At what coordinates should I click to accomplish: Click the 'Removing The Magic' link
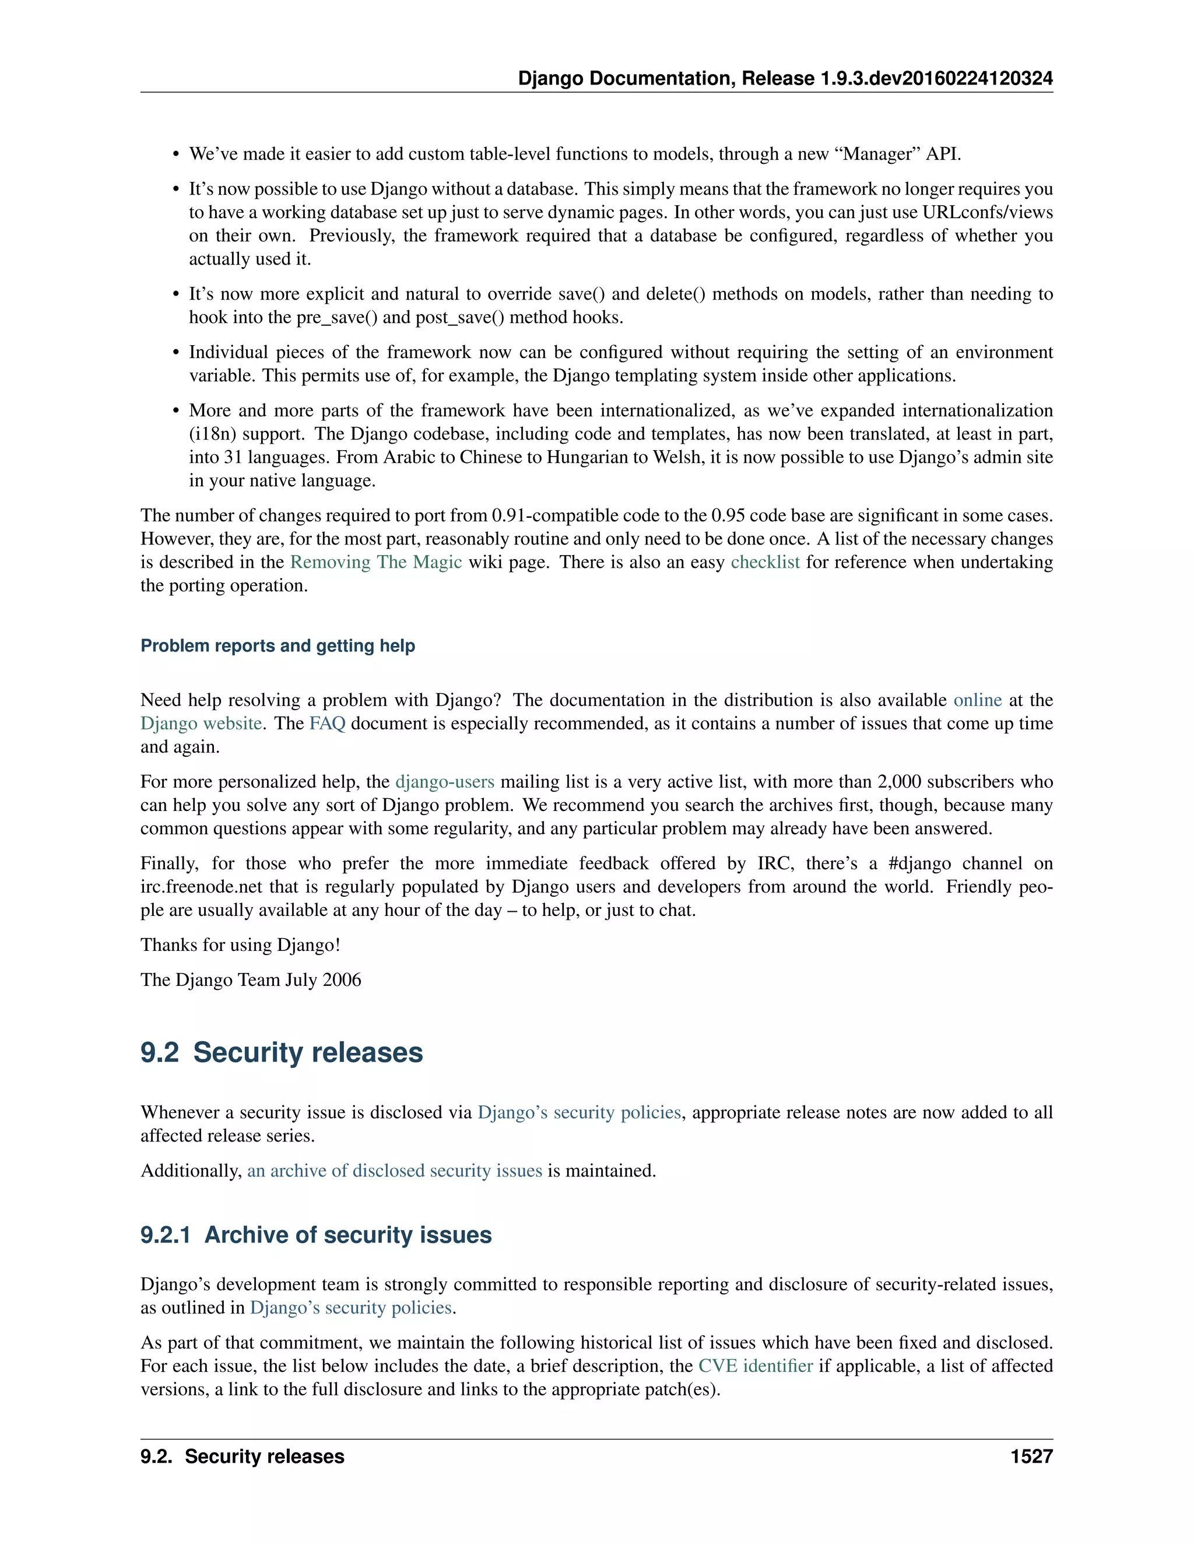pyautogui.click(x=375, y=563)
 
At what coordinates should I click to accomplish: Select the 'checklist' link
pyautogui.click(x=765, y=563)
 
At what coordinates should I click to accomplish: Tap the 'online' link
pyautogui.click(x=977, y=700)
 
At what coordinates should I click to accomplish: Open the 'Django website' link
pyautogui.click(x=201, y=724)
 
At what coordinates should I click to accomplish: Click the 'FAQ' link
pyautogui.click(x=327, y=724)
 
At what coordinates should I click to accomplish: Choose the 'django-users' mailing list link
pyautogui.click(x=444, y=782)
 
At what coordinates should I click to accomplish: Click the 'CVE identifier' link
pyautogui.click(x=755, y=1366)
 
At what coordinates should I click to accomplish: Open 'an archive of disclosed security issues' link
pyautogui.click(x=394, y=1171)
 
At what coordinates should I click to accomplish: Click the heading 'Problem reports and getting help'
pyautogui.click(x=278, y=646)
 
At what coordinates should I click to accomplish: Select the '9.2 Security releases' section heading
pyautogui.click(x=282, y=1052)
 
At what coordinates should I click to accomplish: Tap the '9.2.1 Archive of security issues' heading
pyautogui.click(x=315, y=1235)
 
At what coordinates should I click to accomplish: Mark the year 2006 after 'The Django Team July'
pyautogui.click(x=342, y=980)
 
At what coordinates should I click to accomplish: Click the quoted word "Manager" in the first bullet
pyautogui.click(x=878, y=154)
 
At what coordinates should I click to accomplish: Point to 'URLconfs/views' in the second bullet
pyautogui.click(x=987, y=213)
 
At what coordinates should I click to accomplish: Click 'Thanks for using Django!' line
pyautogui.click(x=240, y=945)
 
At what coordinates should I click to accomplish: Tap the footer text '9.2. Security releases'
pyautogui.click(x=242, y=1456)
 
